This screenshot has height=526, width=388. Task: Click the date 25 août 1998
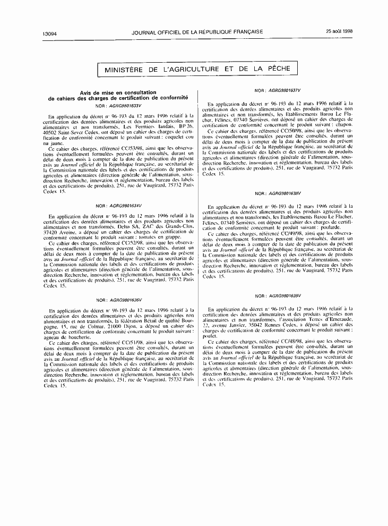[340, 31]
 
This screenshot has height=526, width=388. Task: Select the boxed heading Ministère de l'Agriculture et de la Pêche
[198, 70]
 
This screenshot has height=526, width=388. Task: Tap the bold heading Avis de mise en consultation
[118, 92]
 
